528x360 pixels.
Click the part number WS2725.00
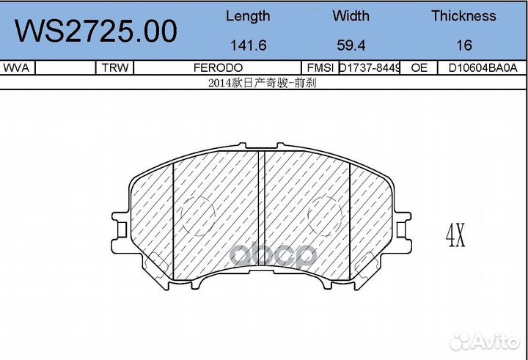[96, 32]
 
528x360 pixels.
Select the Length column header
[247, 16]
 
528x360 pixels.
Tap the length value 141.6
[247, 45]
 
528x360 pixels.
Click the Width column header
[351, 16]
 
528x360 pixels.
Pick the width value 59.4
[351, 45]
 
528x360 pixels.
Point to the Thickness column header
[463, 16]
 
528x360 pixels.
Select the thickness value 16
[463, 45]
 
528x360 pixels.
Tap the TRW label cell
[115, 67]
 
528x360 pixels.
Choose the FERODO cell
[219, 67]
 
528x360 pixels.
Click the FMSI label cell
[320, 67]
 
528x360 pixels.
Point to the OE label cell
[419, 67]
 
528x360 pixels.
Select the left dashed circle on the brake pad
[196, 216]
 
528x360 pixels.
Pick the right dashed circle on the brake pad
[325, 216]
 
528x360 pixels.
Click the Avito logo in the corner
[485, 340]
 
